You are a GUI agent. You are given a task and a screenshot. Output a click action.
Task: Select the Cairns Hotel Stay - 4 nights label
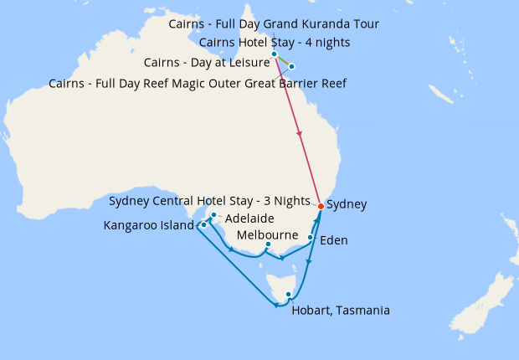pos(275,43)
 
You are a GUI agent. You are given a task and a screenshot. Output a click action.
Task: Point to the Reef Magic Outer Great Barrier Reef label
pos(198,84)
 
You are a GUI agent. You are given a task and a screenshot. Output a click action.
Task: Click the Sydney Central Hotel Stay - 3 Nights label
pos(212,201)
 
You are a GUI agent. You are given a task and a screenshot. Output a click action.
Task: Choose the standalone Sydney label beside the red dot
pos(346,204)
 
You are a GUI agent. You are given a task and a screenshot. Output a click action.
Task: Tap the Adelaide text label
pos(245,219)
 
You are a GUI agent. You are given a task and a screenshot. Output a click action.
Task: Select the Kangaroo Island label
pos(148,226)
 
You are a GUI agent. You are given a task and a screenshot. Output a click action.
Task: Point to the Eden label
pos(334,240)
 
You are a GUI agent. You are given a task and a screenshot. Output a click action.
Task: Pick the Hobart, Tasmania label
pos(341,311)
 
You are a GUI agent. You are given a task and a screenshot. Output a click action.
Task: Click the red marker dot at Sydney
pos(321,206)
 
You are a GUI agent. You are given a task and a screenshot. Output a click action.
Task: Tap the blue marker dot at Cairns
pos(274,54)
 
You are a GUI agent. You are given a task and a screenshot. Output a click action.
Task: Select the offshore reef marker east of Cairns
pos(291,66)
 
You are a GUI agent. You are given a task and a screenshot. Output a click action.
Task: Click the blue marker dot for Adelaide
pos(214,215)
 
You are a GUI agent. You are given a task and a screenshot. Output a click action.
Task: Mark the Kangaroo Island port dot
pos(203,225)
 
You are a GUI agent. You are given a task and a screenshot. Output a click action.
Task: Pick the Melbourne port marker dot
pos(268,244)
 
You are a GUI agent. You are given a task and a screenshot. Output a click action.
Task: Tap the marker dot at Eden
pos(311,238)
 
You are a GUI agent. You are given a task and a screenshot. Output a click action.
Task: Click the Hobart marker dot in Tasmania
pos(288,294)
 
